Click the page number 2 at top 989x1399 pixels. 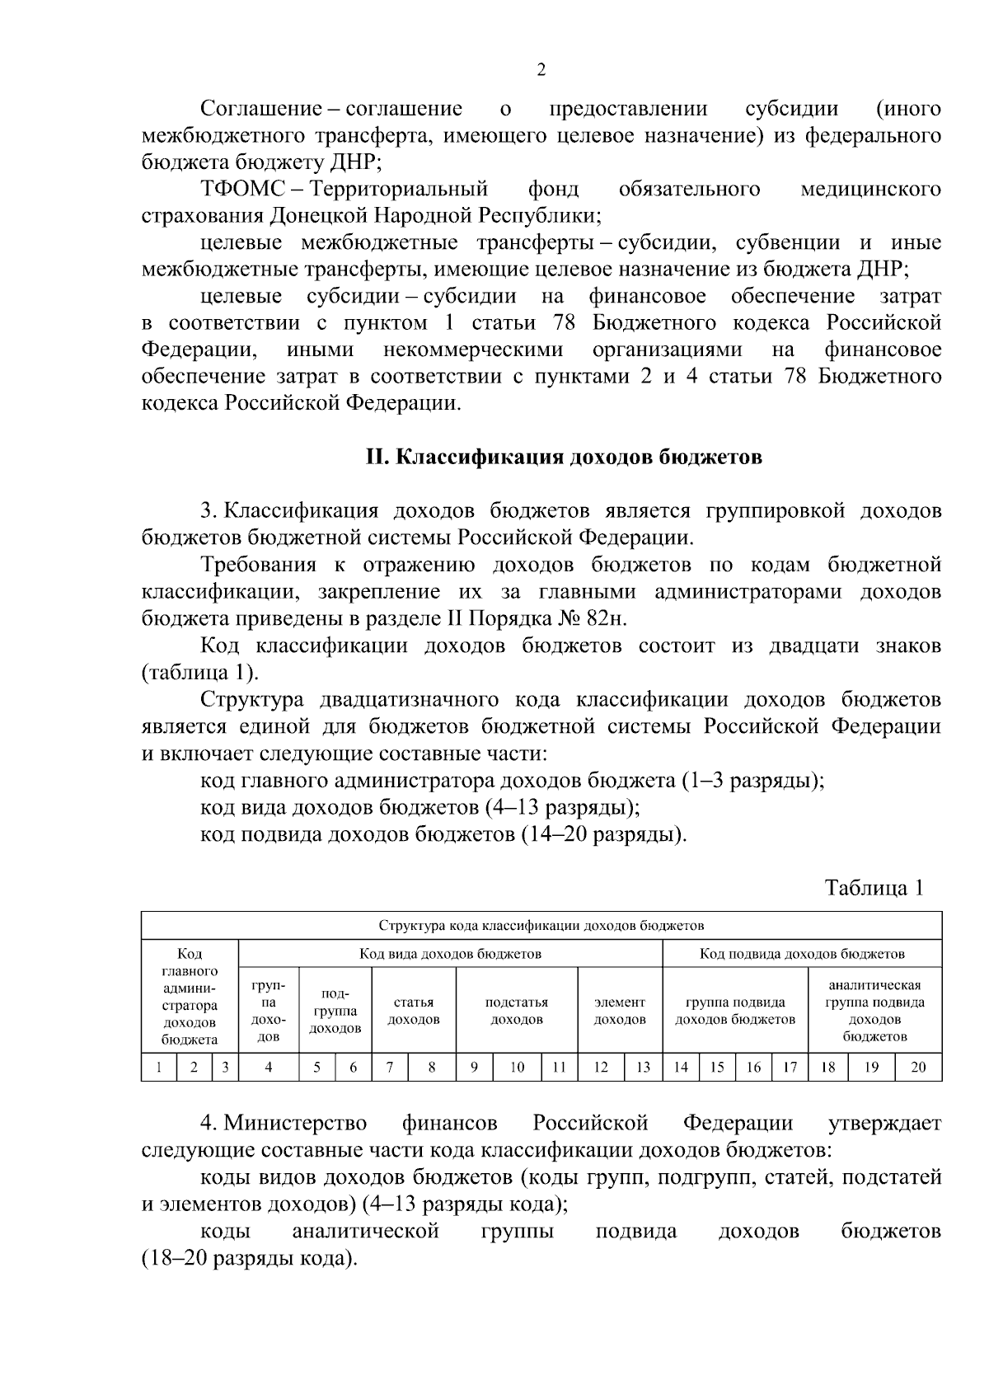541,70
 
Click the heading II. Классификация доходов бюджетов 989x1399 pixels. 565,458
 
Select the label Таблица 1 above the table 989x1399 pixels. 874,888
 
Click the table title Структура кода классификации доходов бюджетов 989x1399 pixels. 541,925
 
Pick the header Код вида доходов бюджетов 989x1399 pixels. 450,954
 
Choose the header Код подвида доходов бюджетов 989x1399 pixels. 802,954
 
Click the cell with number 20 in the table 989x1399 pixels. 917,1068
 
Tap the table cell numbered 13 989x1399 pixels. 643,1068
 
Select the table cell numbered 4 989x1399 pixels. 269,1068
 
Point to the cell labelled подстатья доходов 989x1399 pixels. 517,1011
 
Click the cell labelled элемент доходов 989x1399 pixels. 620,1011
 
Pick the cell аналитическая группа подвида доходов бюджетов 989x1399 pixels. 874,1011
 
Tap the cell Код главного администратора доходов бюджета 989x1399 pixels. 190,997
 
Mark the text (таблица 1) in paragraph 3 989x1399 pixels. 200,673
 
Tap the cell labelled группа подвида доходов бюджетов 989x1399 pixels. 735,1011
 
